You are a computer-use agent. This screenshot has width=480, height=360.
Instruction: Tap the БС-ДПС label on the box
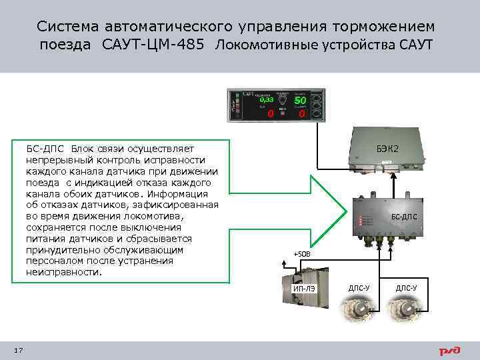tap(404, 217)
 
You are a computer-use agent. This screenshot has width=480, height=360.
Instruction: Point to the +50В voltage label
tap(302, 254)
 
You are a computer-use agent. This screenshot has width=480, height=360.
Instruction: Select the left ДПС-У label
tap(359, 288)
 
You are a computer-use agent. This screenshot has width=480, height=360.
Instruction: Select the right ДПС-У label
tap(406, 288)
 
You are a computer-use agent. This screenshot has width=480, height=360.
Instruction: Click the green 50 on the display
tap(300, 100)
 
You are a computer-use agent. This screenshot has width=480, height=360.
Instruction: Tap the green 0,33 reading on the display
tap(267, 100)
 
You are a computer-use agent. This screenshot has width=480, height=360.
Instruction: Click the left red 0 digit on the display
tap(271, 115)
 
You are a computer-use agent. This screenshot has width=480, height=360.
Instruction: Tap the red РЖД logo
tap(448, 351)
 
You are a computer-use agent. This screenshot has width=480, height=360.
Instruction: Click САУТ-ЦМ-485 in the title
tap(153, 45)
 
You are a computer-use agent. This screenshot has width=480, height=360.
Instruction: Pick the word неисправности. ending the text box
tap(65, 272)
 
